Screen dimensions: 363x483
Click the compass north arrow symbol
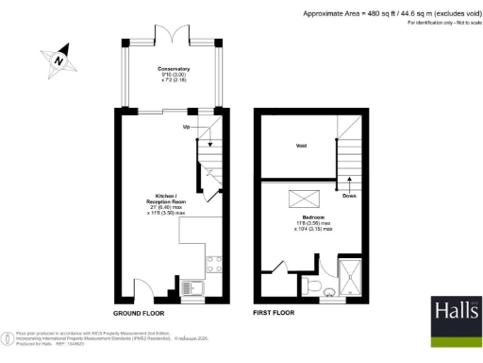click(58, 59)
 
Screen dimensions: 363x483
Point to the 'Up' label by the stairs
click(187, 126)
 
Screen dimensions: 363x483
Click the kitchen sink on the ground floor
click(190, 285)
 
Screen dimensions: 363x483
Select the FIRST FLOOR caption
click(274, 312)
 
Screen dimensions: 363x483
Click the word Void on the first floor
click(301, 147)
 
